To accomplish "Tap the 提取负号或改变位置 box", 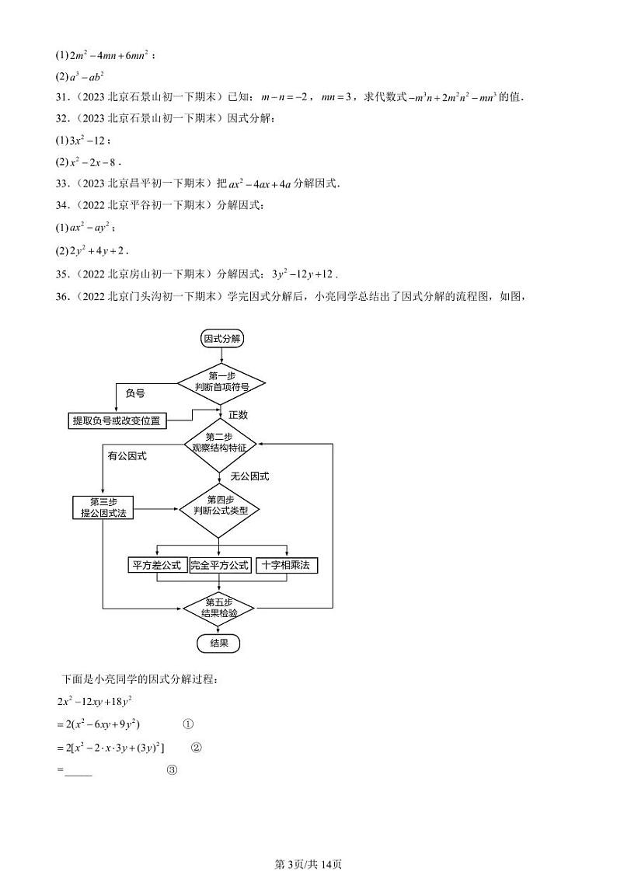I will pyautogui.click(x=117, y=420).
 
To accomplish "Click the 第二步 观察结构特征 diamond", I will pyautogui.click(x=220, y=444).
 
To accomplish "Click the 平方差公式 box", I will pyautogui.click(x=156, y=565).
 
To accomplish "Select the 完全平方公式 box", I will pyautogui.click(x=221, y=565).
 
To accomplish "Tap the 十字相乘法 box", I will pyautogui.click(x=286, y=565).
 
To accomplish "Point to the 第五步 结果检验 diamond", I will pyautogui.click(x=220, y=607).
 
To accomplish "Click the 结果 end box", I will pyautogui.click(x=219, y=643).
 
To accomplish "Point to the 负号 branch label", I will pyautogui.click(x=135, y=394).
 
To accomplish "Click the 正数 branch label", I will pyautogui.click(x=238, y=415).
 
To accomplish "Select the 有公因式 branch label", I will pyautogui.click(x=127, y=456).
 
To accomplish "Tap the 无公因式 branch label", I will pyautogui.click(x=249, y=476).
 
